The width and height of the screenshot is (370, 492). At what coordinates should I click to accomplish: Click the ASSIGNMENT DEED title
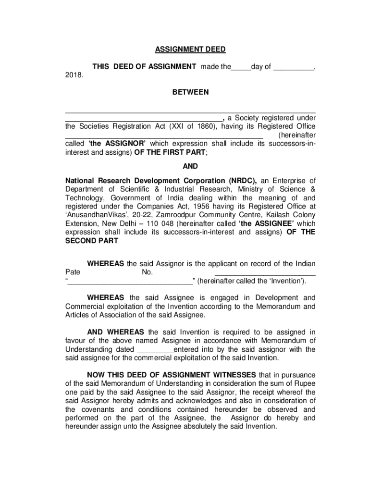tap(190, 50)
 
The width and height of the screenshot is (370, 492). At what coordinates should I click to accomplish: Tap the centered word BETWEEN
tap(191, 92)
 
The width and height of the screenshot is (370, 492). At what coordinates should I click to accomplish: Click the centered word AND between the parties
tap(190, 166)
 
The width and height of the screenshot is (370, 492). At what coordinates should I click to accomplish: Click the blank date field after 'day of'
tap(293, 67)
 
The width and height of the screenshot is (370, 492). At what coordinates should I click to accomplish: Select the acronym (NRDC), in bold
tap(241, 181)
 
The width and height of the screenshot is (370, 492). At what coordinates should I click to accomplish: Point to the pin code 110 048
tap(160, 224)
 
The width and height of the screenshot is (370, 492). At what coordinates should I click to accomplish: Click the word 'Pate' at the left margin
tap(73, 272)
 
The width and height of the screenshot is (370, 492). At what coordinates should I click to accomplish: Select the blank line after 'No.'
tap(265, 272)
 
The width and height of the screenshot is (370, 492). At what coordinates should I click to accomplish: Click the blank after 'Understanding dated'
tap(155, 349)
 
